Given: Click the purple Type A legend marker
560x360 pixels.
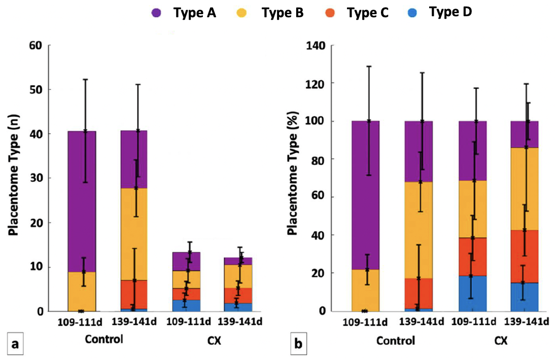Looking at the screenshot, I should tap(156, 14).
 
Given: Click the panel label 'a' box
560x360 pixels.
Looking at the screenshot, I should tap(16, 345).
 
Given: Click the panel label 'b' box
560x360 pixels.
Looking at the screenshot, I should tap(299, 345).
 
